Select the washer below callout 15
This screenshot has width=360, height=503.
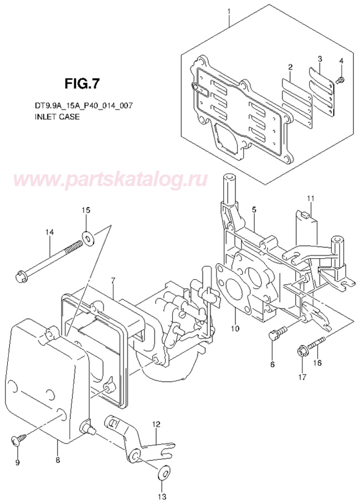tap(88, 238)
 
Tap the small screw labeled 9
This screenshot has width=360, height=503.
tap(17, 440)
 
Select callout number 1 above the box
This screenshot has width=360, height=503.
tap(229, 9)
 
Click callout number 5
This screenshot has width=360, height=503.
tap(253, 210)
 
